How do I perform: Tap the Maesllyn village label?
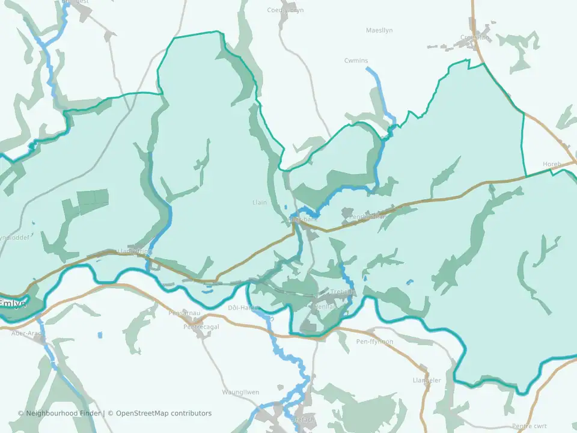coord(380,30)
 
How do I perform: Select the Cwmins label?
coord(356,61)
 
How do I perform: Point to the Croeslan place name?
coord(475,37)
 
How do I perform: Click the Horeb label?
coord(551,164)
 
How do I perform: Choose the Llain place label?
coord(259,203)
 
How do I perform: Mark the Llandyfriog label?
coord(133,251)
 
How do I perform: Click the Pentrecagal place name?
coord(201,327)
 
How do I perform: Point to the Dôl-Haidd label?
coord(242,308)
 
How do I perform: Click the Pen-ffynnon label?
coord(374,342)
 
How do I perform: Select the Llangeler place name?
coord(427,380)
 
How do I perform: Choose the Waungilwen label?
coord(240,392)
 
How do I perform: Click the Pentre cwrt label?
coord(530,426)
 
